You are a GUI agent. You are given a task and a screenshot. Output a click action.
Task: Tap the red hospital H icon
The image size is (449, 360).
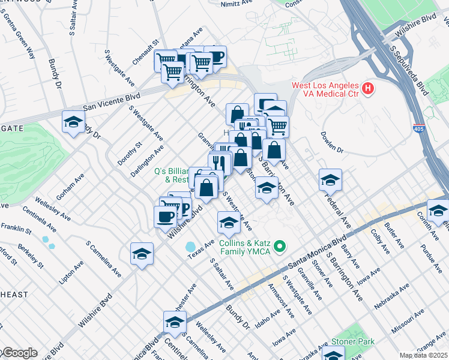pyautogui.click(x=368, y=89)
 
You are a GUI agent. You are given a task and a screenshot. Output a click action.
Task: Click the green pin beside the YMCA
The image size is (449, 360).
pyautogui.click(x=280, y=247)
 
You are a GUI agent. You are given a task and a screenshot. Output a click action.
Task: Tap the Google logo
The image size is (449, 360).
pyautogui.click(x=19, y=353)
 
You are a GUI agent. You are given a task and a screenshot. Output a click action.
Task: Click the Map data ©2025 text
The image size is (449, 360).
pyautogui.click(x=424, y=355)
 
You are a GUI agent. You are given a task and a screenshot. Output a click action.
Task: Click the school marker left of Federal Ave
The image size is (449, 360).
pyautogui.click(x=330, y=179)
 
